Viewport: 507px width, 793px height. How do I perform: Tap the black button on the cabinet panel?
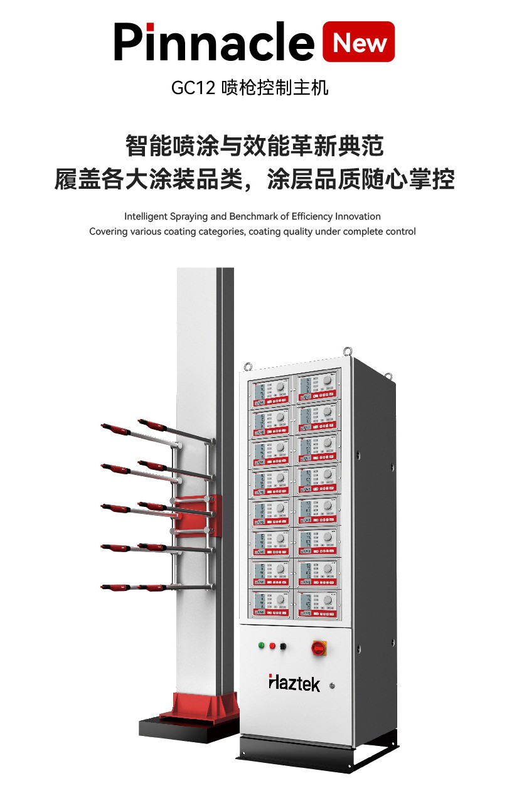(283, 646)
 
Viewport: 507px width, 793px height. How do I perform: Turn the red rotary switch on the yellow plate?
(319, 647)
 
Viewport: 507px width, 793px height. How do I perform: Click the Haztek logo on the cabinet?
(294, 683)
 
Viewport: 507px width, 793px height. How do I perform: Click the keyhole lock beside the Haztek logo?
(332, 686)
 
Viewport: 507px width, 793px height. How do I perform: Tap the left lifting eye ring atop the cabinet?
(249, 366)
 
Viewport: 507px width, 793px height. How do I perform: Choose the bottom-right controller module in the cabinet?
(318, 603)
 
